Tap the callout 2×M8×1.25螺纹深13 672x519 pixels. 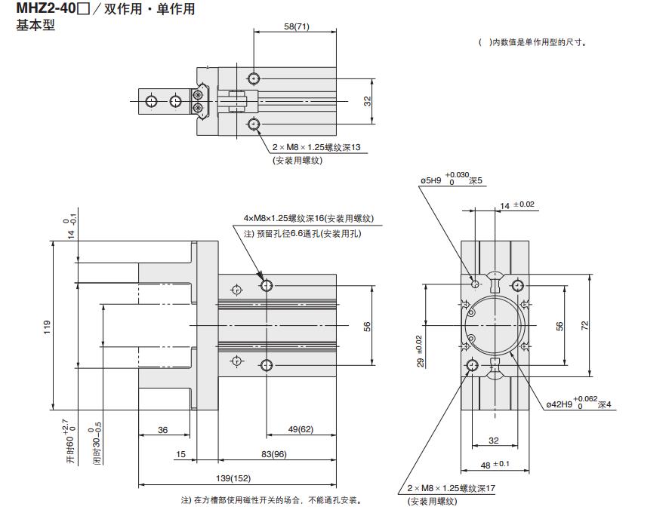317,147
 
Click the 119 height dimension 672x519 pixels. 47,327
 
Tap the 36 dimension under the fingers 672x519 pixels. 162,429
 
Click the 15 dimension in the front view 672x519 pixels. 180,454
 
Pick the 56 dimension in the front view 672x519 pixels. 368,326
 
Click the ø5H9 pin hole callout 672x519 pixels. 450,180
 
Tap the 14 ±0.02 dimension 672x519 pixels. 517,204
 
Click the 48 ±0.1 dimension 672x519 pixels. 495,465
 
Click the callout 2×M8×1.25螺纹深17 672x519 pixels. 451,488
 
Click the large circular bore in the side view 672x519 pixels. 495,326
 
